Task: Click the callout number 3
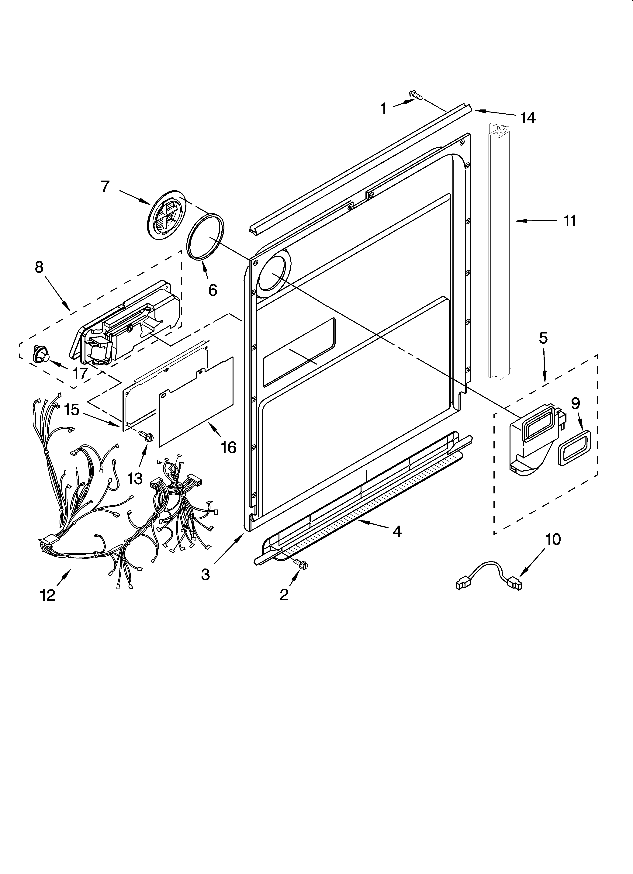pyautogui.click(x=206, y=574)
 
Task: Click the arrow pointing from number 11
pyautogui.click(x=536, y=221)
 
